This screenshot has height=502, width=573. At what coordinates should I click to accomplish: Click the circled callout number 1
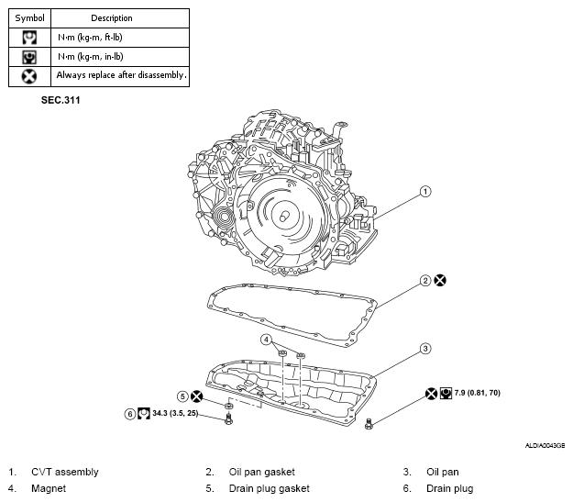pos(424,192)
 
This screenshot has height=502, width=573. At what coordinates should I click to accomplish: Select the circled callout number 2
pos(425,280)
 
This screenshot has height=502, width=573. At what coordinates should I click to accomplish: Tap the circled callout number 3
pos(425,348)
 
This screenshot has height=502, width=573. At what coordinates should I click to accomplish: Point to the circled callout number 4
pos(267,340)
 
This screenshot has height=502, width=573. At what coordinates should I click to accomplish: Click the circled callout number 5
pos(182,396)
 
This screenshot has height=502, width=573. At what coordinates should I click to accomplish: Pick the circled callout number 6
pos(130,414)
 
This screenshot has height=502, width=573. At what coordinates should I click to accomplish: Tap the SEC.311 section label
pos(61,100)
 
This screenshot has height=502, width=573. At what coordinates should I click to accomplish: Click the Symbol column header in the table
pos(28,17)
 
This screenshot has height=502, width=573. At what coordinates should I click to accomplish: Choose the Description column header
pos(112,17)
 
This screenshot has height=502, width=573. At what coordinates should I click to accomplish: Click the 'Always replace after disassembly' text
pos(121,74)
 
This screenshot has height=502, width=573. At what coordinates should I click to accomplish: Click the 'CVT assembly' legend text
pos(64,473)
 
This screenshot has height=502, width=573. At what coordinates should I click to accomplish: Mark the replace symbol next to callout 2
pos(441,280)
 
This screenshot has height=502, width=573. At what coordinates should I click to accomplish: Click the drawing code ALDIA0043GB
pos(544,444)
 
